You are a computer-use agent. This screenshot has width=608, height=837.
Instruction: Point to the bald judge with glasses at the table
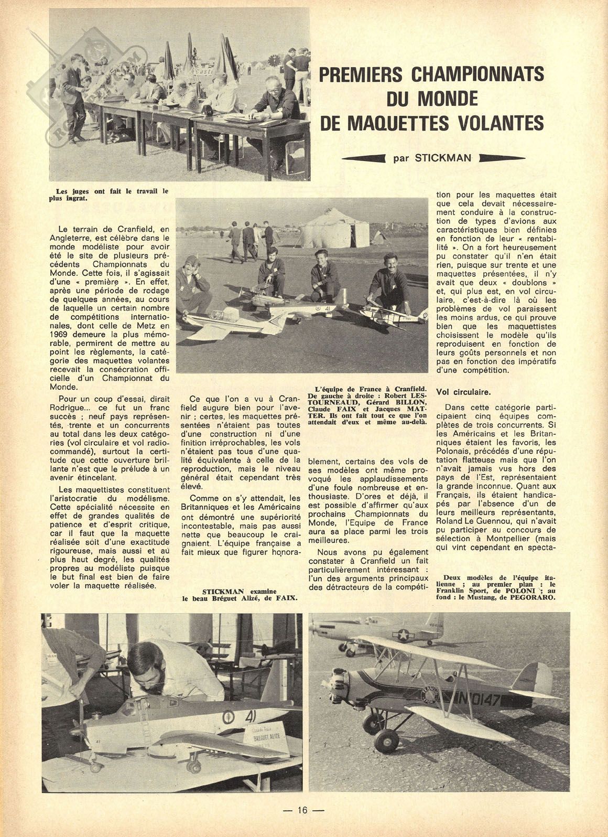274,92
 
